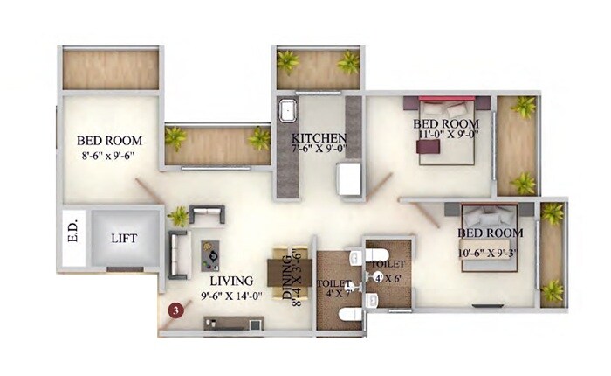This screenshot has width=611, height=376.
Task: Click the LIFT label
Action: tap(123, 237)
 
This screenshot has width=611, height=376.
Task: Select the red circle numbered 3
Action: tap(177, 309)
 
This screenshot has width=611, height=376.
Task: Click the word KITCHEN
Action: tap(319, 138)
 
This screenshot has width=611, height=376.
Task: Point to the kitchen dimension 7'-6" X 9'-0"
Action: tap(319, 150)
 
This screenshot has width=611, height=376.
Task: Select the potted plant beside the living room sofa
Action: tap(179, 215)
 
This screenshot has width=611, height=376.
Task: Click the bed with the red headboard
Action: tap(446, 131)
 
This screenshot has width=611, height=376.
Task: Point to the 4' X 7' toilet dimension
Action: tap(338, 294)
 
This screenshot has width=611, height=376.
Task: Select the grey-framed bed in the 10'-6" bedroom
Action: tap(488, 232)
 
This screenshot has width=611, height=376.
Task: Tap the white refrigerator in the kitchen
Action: tap(351, 180)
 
